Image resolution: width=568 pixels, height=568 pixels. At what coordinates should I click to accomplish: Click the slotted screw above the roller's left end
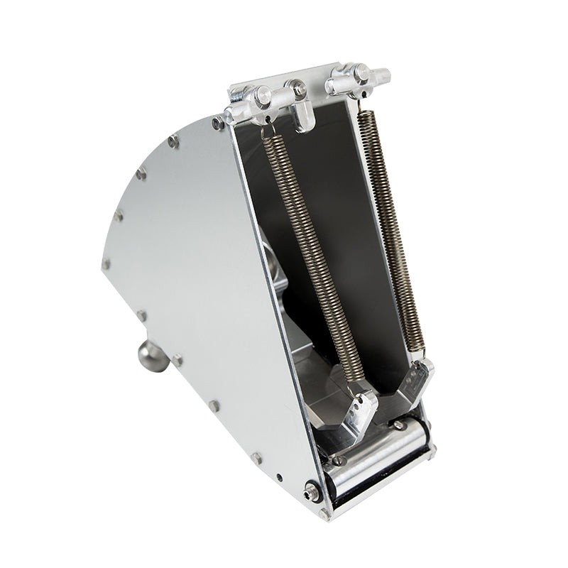tap(339, 460)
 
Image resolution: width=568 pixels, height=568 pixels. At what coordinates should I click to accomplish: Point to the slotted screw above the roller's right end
tap(400, 425)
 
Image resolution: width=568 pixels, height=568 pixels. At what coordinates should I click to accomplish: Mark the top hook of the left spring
tap(266, 131)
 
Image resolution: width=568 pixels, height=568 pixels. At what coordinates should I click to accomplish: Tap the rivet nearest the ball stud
tap(176, 361)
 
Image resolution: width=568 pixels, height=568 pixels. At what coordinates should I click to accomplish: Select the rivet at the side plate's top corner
tap(217, 124)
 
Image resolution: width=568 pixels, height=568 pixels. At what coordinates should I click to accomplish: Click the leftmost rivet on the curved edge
tap(106, 264)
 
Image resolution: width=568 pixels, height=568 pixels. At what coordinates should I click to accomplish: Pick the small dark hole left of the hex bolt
tap(279, 477)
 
